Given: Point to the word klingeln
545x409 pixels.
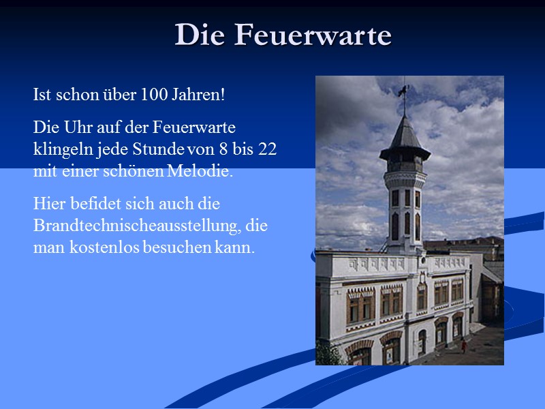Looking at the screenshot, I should coord(60,149).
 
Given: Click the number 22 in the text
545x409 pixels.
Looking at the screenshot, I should coord(268,149).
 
